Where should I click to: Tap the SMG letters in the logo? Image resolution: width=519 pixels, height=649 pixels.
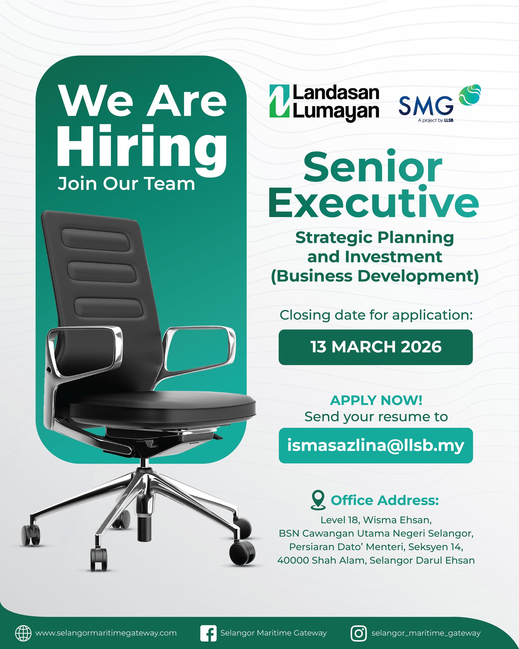click(x=426, y=106)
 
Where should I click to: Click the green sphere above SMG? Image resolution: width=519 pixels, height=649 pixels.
click(x=470, y=95)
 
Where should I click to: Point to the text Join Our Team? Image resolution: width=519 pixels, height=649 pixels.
click(x=126, y=184)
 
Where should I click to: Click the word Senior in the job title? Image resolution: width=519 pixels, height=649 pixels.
click(x=373, y=167)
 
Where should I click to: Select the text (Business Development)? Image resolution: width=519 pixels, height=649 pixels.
click(x=375, y=276)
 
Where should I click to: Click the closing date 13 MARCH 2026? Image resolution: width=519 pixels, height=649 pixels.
click(x=376, y=347)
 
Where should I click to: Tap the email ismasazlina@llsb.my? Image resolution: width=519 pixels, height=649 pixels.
click(x=376, y=445)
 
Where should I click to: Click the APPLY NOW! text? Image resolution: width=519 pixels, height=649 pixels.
click(x=376, y=401)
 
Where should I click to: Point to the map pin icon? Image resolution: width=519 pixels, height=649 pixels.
click(x=318, y=500)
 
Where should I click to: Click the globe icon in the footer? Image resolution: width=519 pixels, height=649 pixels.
click(x=23, y=633)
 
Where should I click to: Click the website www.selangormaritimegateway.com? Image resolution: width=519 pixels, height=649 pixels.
click(x=106, y=633)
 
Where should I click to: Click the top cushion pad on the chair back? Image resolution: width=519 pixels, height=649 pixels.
click(x=96, y=240)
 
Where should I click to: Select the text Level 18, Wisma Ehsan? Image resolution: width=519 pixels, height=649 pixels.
click(x=376, y=520)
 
